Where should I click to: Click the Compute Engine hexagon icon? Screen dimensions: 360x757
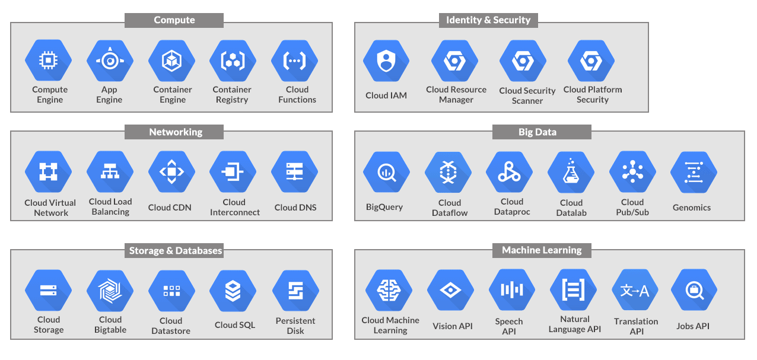coord(48,60)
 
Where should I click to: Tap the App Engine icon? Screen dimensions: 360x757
coord(110,60)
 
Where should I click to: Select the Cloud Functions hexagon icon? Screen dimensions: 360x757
coord(295,60)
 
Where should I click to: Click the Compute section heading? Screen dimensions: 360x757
coord(174,20)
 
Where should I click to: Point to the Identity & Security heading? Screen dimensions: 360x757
coord(488,20)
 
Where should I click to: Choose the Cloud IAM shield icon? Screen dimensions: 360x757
coord(386,60)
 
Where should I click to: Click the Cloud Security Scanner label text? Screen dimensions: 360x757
coord(527,95)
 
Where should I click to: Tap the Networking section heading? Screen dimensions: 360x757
coord(175,132)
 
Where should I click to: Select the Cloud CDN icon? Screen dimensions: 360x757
coord(171,172)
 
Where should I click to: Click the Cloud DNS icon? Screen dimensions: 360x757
coord(295,172)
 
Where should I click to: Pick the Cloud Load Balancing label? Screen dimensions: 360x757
coord(110,207)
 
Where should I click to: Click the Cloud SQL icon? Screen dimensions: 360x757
coord(233,291)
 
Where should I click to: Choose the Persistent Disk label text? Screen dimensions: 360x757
coord(295,326)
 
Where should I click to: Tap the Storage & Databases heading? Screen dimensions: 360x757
coord(176,251)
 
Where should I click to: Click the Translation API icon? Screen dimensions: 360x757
coord(635,291)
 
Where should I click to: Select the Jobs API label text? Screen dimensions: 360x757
coord(693,326)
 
